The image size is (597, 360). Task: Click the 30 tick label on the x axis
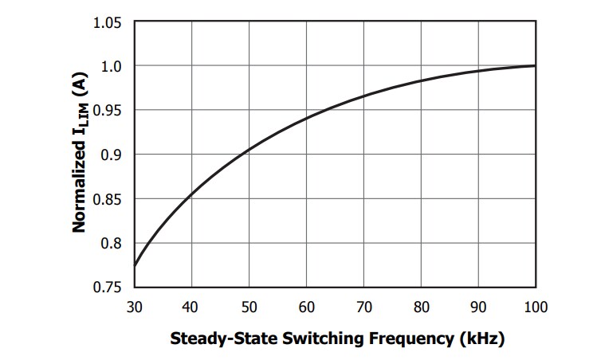point(134,307)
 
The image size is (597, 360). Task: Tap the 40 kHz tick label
point(191,307)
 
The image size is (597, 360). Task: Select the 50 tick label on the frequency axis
point(249,307)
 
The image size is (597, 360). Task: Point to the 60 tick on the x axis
point(306,307)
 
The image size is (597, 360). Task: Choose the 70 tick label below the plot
point(363,307)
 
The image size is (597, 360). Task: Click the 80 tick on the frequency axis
point(421,307)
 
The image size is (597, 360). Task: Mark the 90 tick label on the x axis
point(478,307)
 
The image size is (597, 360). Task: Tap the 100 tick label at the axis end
point(534,307)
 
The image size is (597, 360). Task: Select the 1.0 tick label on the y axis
point(111,66)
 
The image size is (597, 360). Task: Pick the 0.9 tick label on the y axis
point(111,155)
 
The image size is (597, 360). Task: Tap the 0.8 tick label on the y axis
point(111,244)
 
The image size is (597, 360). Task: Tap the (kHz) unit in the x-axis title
point(481,338)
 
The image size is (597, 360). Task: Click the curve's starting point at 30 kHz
point(135,265)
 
